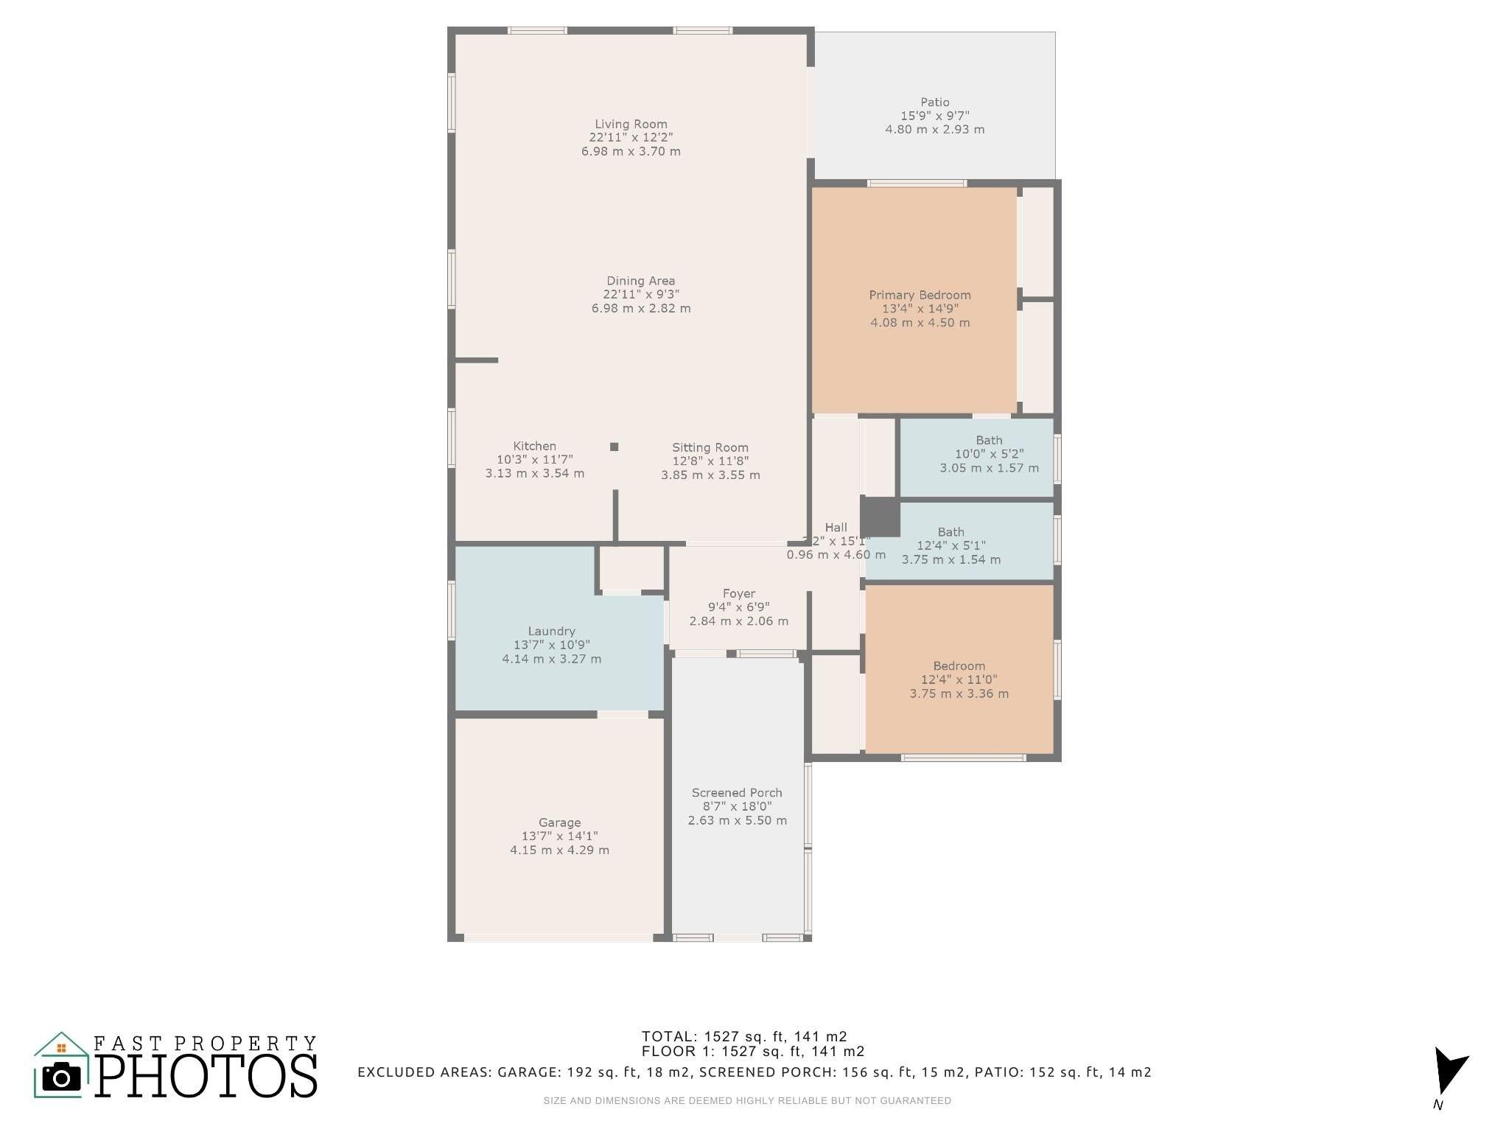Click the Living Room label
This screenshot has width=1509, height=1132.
click(x=631, y=124)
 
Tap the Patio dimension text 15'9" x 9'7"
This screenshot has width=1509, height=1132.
click(x=934, y=116)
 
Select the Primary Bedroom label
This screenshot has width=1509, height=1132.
click(x=920, y=295)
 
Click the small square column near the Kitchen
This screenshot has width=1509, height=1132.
click(x=614, y=447)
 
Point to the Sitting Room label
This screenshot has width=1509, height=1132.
click(x=710, y=447)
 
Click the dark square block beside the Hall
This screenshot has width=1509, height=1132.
click(x=880, y=517)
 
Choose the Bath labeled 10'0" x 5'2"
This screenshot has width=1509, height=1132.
click(x=989, y=454)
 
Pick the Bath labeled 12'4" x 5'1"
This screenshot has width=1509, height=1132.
click(x=950, y=545)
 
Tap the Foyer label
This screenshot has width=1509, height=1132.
click(x=738, y=593)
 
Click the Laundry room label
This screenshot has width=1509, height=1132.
click(x=551, y=631)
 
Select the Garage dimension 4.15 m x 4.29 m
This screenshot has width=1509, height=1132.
click(x=559, y=850)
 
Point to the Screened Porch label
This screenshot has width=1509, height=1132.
click(x=737, y=793)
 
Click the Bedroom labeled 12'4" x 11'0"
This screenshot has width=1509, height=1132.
click(x=959, y=679)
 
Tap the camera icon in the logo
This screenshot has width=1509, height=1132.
click(x=61, y=1078)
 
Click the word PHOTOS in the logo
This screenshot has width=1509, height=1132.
click(x=206, y=1077)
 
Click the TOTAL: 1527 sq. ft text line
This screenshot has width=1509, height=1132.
click(x=743, y=1036)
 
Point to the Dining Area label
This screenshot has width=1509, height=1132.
click(x=640, y=281)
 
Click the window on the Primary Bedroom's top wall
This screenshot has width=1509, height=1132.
click(x=916, y=184)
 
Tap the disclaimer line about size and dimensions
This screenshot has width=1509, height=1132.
click(x=746, y=1101)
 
